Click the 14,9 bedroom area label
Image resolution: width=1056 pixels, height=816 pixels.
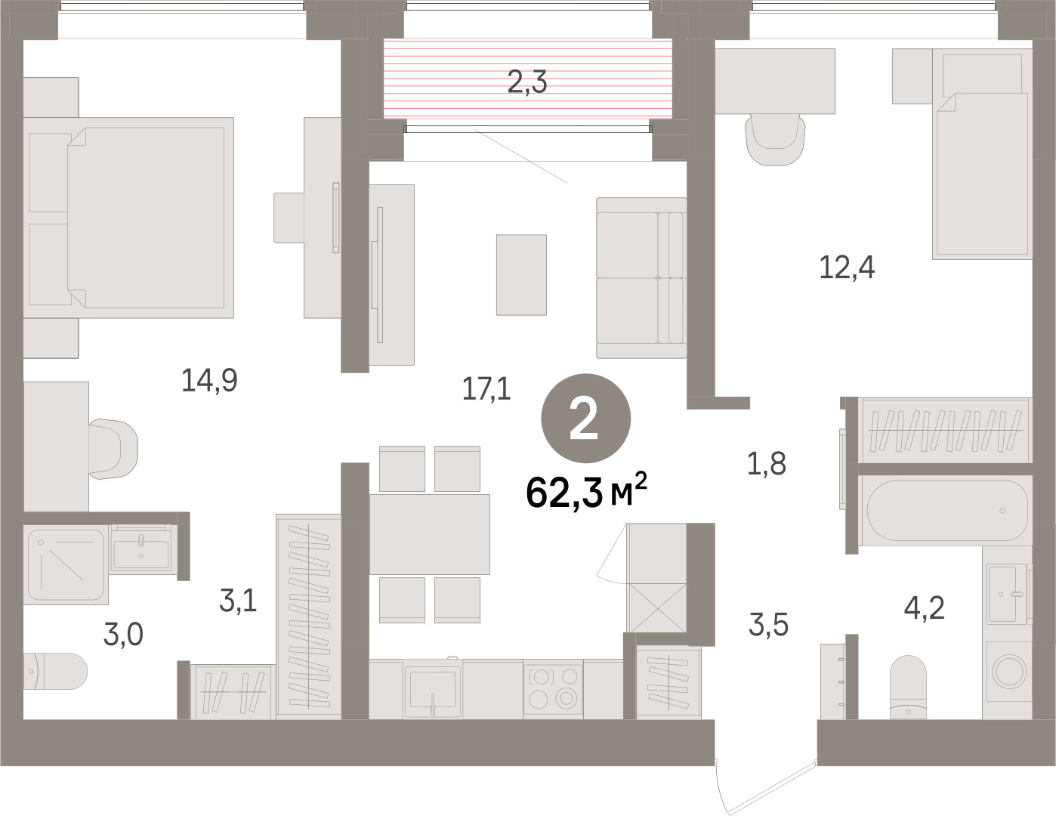point(209,380)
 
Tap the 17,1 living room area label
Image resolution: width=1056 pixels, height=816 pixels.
point(486,389)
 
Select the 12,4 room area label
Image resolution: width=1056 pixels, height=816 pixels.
point(847,267)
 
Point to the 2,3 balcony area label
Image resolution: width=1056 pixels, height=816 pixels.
point(527,82)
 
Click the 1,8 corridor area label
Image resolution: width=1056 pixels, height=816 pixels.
point(767,463)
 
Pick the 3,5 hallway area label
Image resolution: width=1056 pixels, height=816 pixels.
point(768,625)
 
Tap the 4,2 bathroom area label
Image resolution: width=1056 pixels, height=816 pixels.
point(925,608)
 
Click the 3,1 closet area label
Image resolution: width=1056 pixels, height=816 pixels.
point(238,600)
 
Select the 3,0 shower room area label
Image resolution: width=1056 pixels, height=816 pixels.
point(123,634)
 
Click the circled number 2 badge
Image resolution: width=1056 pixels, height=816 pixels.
point(585,419)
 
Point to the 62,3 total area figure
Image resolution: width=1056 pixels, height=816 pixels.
point(586,491)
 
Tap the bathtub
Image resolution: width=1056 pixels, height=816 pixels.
point(947,511)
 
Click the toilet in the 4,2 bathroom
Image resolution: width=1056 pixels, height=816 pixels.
point(908,687)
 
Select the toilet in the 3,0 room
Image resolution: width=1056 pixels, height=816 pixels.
point(55,671)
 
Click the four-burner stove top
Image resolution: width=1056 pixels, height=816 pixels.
point(553,688)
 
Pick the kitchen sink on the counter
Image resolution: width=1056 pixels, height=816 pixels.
point(433,688)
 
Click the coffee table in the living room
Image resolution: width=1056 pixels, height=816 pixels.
point(521,274)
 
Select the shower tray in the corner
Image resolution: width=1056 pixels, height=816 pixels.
point(66,564)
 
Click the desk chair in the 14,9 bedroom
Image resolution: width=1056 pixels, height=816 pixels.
point(113,449)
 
